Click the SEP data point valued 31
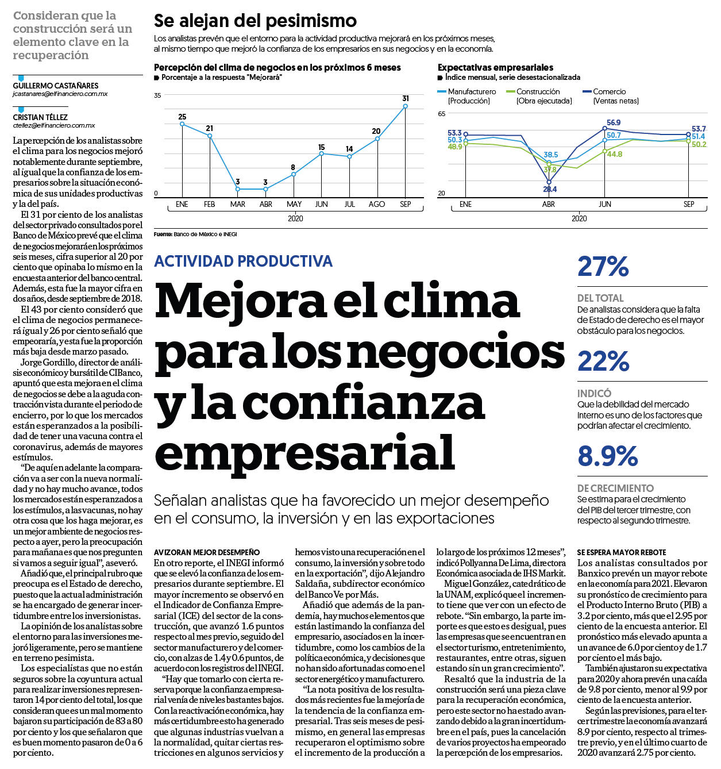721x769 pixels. click(405, 106)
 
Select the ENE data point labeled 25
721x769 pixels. click(182, 124)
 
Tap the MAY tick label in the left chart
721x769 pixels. click(294, 204)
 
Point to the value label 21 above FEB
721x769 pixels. click(210, 128)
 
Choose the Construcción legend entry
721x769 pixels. click(539, 96)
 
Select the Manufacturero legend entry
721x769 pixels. click(466, 96)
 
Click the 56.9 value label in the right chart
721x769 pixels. click(614, 123)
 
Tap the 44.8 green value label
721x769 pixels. click(615, 154)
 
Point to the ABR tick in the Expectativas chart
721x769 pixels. click(548, 204)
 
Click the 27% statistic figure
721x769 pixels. click(603, 267)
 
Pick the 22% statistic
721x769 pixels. click(603, 362)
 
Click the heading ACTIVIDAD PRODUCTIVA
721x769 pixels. click(243, 261)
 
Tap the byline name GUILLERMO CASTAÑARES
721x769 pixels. click(56, 86)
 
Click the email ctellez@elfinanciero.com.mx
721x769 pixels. click(54, 125)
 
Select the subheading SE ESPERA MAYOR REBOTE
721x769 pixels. click(622, 552)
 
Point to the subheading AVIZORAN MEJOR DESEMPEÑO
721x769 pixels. click(207, 552)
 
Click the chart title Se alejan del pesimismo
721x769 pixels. click(255, 21)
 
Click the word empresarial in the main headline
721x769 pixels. click(304, 452)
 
